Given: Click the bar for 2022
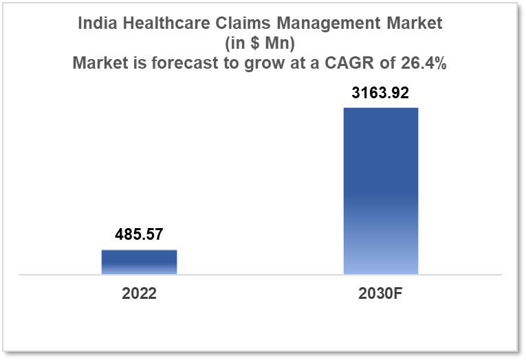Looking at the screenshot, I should (x=139, y=262).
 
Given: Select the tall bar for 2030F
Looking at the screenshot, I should (x=380, y=191).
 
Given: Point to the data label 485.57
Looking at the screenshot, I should (x=139, y=235).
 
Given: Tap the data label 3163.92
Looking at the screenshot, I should (x=380, y=93).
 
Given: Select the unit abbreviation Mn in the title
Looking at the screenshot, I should (x=273, y=43).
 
